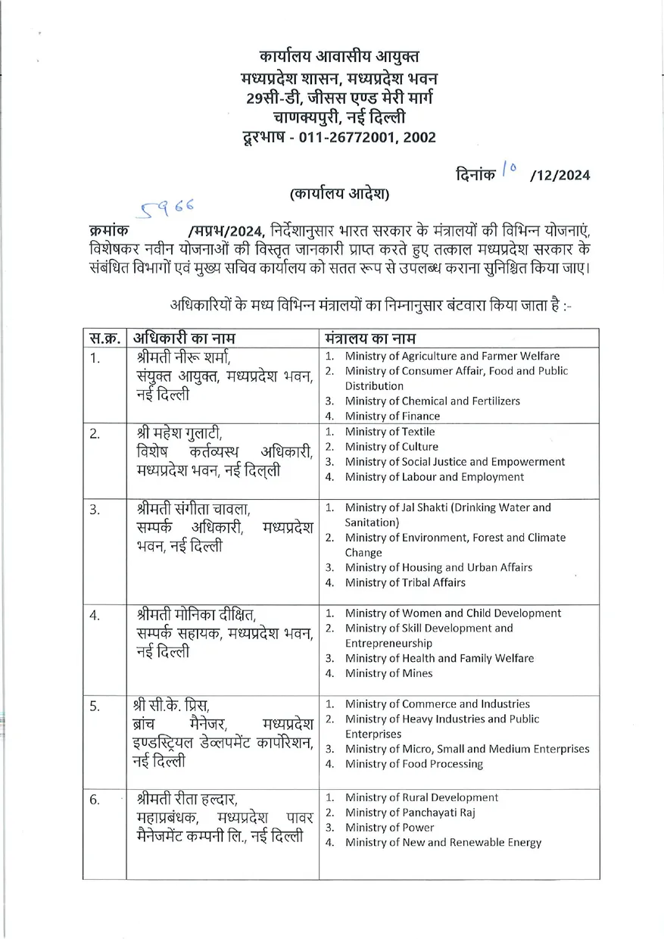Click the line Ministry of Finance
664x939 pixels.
pos(392,416)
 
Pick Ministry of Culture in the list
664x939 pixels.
pos(391,447)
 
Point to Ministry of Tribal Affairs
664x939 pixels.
pos(405,582)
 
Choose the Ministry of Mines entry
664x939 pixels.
pos(388,673)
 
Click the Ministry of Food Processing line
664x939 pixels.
pos(413,763)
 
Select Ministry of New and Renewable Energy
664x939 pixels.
pos(443,842)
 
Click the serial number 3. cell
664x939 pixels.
pos(95,510)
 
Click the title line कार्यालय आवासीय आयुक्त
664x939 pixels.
pos(338,56)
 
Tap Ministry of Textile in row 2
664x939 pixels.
pos(390,432)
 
